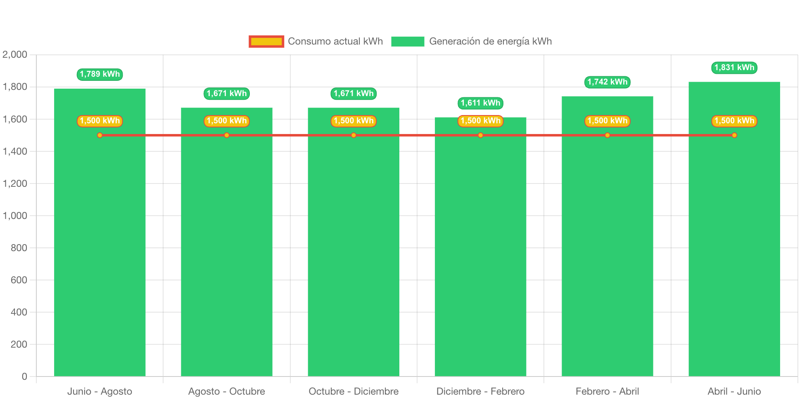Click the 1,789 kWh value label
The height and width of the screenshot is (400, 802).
point(100,74)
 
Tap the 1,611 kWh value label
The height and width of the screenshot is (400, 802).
point(480,103)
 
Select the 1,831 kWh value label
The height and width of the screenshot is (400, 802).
point(734,68)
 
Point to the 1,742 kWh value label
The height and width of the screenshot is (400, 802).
point(607,82)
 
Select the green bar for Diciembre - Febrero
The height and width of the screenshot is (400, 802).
point(480,256)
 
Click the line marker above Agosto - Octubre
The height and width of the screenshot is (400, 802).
point(227,135)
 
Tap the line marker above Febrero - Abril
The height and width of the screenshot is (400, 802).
point(607,135)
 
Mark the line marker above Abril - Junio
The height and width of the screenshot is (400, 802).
point(734,135)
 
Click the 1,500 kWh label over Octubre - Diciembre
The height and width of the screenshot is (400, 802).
point(354,121)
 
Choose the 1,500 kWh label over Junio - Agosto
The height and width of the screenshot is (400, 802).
point(100,121)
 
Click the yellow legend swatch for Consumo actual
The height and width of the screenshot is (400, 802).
point(266,41)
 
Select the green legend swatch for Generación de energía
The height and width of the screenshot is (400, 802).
point(408,41)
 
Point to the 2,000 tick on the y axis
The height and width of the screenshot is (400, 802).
point(15,54)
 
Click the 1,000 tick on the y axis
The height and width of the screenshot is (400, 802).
point(15,216)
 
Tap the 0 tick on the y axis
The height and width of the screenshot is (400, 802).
point(24,376)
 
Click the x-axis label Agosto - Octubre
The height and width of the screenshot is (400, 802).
point(227,391)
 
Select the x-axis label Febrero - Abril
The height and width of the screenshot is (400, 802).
point(607,391)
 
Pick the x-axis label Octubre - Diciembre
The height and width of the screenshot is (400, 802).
point(354,391)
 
